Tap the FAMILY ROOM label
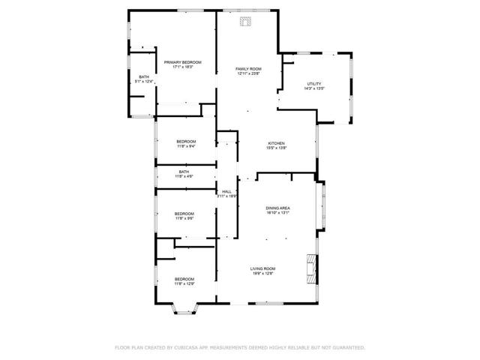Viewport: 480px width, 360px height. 248,68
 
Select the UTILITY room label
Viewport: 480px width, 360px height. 314,83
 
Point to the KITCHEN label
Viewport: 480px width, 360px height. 277,142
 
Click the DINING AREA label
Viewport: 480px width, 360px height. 277,207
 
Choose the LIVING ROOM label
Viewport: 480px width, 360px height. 262,268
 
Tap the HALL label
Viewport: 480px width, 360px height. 226,191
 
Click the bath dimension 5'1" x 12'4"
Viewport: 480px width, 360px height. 143,82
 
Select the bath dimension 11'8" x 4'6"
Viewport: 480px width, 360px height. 184,176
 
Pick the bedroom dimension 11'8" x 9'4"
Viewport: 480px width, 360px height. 186,147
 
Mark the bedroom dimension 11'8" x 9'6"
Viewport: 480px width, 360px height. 184,218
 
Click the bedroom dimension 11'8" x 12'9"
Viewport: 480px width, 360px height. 184,284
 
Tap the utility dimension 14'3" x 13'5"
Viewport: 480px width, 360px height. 314,88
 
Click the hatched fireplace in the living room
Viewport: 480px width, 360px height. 310,265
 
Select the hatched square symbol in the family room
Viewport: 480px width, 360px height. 245,22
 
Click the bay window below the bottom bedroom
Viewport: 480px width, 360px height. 184,307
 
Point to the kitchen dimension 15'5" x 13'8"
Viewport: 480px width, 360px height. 277,148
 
